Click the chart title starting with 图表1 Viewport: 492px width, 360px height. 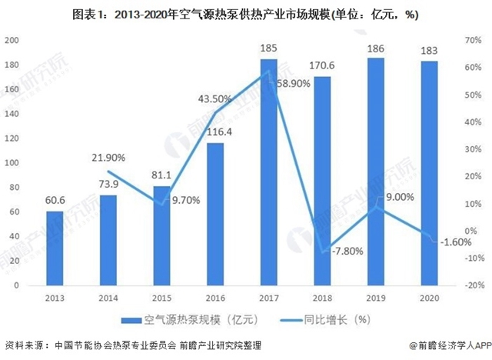coord(246,14)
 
